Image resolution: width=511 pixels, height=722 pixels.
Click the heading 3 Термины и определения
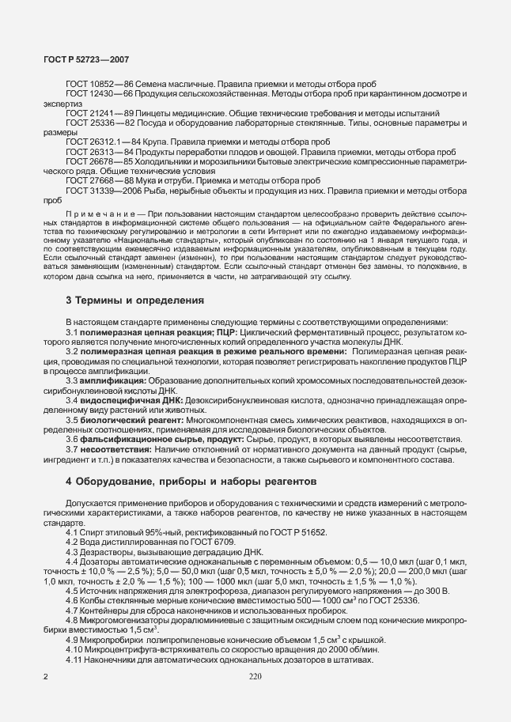tap(124, 301)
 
